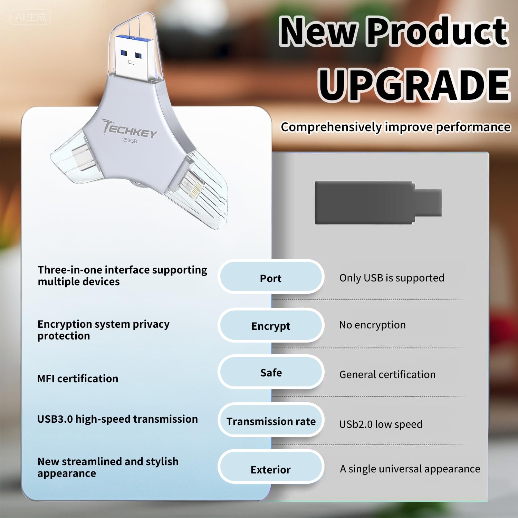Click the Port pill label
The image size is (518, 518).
click(x=271, y=278)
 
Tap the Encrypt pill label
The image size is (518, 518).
click(x=271, y=326)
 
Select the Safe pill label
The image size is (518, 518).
click(x=271, y=373)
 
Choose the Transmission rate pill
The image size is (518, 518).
click(x=271, y=421)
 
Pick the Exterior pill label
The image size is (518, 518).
click(x=271, y=469)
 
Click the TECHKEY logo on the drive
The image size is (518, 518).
click(x=130, y=129)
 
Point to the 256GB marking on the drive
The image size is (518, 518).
click(x=129, y=140)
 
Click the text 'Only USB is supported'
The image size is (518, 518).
click(x=392, y=278)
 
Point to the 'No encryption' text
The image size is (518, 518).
click(x=372, y=325)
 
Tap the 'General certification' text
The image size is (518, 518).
click(x=387, y=374)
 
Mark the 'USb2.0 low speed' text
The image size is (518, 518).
click(x=381, y=424)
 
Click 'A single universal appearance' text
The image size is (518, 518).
click(x=410, y=469)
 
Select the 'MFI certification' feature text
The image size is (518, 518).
click(x=78, y=378)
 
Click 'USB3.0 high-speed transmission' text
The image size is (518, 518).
click(x=117, y=419)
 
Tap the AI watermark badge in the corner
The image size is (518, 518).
click(x=30, y=17)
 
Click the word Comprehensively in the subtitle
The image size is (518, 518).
click(x=332, y=127)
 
